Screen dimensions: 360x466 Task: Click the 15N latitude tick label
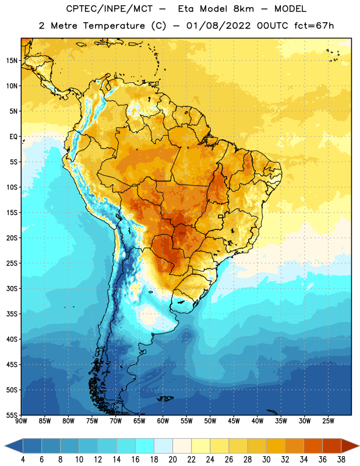[12, 61]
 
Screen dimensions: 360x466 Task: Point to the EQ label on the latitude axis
[13, 137]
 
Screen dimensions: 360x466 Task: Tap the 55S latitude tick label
[12, 415]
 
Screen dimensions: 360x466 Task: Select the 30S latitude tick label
[12, 288]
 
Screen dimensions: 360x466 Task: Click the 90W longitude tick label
[21, 421]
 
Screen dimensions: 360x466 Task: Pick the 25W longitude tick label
[328, 421]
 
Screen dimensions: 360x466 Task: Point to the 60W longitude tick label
[163, 421]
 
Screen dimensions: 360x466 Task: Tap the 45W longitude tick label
[234, 421]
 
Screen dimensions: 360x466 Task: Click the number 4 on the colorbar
[23, 460]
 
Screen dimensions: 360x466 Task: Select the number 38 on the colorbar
[341, 460]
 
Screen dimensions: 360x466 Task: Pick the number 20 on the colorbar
[172, 460]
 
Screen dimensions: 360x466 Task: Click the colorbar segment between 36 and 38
[332, 446]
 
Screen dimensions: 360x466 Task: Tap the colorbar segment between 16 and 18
[145, 446]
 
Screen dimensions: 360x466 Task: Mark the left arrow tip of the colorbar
[5, 446]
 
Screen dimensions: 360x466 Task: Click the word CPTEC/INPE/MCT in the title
[110, 9]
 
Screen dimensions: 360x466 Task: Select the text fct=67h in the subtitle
[314, 26]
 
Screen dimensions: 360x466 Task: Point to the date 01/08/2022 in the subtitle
[218, 26]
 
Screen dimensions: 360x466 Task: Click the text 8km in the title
[243, 9]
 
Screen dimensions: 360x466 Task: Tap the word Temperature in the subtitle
[114, 26]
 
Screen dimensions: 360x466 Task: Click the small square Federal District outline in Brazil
[221, 217]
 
